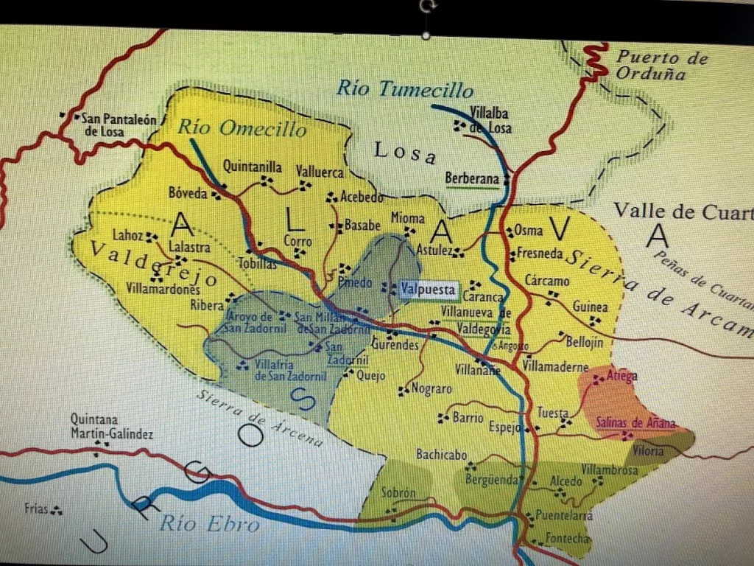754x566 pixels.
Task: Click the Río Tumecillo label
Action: click(x=404, y=90)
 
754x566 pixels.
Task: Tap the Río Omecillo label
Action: click(x=242, y=129)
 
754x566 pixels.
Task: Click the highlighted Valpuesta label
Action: click(x=428, y=289)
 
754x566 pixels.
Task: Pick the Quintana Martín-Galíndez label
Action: click(x=112, y=427)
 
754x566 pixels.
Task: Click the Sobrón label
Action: click(x=398, y=494)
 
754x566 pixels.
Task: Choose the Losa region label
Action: click(x=405, y=153)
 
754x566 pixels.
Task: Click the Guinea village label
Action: click(x=591, y=307)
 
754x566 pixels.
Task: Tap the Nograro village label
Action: click(x=431, y=388)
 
